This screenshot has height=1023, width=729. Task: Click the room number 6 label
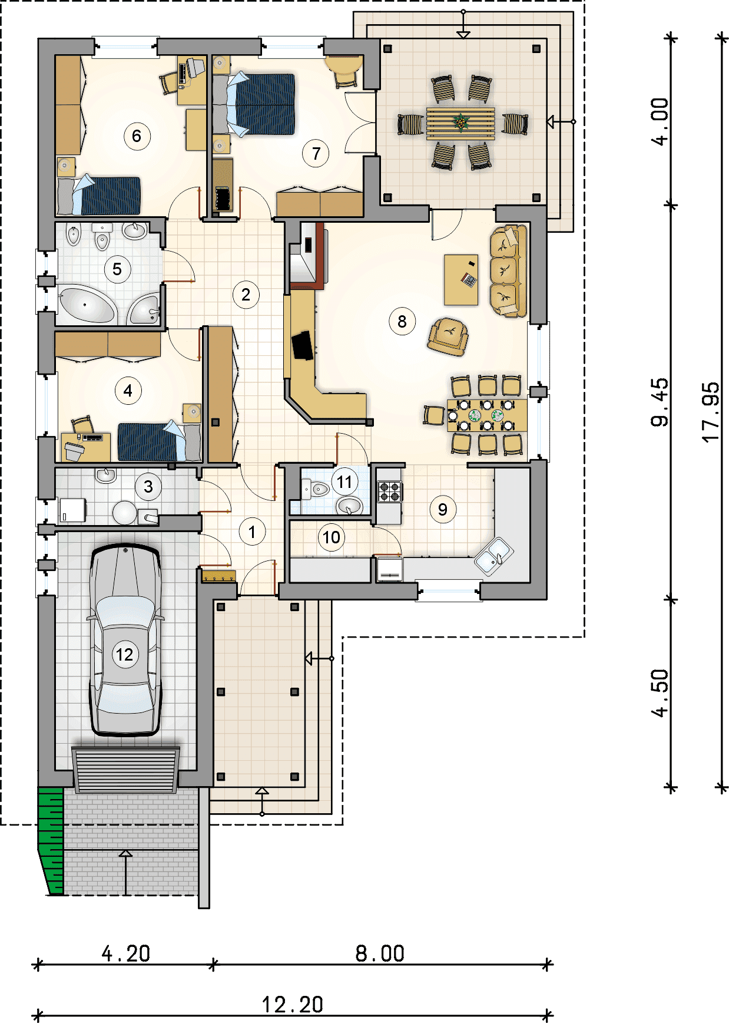click(x=137, y=136)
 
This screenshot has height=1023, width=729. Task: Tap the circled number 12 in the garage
click(x=125, y=655)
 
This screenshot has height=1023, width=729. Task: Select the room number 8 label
click(x=402, y=322)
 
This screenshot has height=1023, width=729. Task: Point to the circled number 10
click(x=332, y=537)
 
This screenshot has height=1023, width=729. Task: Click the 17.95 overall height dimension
click(x=711, y=412)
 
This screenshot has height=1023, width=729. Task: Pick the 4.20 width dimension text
click(x=126, y=953)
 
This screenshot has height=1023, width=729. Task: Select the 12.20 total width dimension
click(x=293, y=1005)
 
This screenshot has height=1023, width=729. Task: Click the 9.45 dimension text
click(x=660, y=402)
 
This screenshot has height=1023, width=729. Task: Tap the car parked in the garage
click(x=125, y=640)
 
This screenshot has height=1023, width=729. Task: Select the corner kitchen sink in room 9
click(x=493, y=555)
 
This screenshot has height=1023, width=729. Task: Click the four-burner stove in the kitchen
click(x=389, y=491)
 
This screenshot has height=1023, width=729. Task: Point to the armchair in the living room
click(x=448, y=336)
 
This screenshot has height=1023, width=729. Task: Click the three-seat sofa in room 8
click(x=507, y=271)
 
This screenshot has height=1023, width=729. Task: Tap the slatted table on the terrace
click(x=460, y=123)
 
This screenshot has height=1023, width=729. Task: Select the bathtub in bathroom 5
click(x=87, y=304)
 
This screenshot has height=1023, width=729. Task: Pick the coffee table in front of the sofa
click(x=461, y=280)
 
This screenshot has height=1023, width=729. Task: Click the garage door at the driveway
click(x=125, y=770)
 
